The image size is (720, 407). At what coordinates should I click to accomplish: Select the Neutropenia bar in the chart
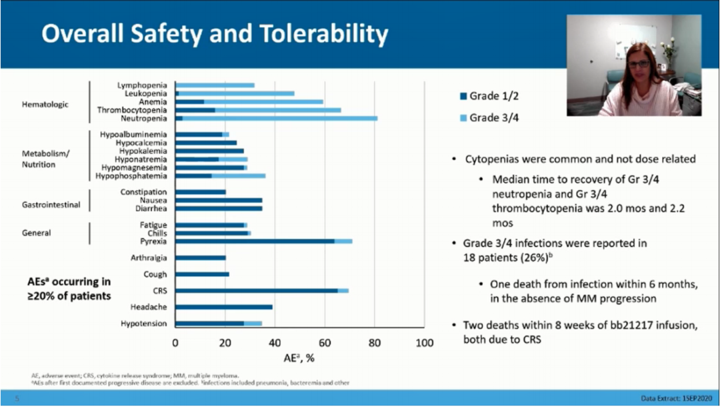point(276,118)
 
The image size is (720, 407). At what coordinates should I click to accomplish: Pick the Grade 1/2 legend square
point(462,96)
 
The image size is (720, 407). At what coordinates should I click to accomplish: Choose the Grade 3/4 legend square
point(462,118)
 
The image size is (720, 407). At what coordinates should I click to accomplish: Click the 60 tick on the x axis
point(325,343)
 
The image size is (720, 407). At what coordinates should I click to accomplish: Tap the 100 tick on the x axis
point(424,343)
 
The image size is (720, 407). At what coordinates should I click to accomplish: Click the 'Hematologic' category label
point(45,105)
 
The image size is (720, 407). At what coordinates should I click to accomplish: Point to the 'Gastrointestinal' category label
point(51,205)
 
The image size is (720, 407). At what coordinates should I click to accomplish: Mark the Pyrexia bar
point(263,242)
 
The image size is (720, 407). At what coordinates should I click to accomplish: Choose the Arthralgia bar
point(201,258)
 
